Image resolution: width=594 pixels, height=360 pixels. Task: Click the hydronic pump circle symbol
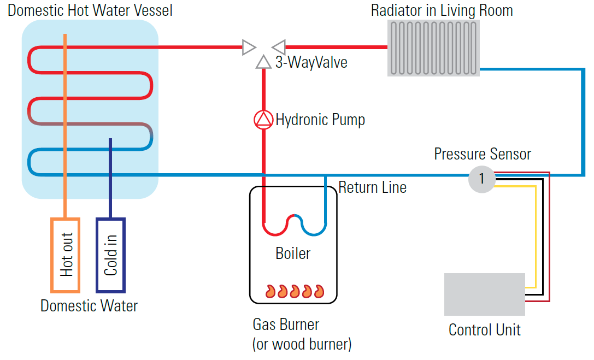(263, 120)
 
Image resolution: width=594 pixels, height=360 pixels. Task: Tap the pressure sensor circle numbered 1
(481, 178)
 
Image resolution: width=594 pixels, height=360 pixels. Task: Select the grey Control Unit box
(484, 294)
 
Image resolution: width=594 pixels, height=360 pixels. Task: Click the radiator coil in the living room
(434, 48)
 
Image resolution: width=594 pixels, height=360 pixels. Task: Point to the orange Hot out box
(66, 255)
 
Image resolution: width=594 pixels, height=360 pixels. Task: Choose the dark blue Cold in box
(111, 255)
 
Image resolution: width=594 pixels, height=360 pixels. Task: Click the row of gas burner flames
(295, 291)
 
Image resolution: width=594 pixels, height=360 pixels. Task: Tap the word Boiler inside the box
(293, 253)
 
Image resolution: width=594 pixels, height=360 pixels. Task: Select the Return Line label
(372, 187)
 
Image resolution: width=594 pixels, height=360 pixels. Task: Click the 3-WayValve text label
(311, 62)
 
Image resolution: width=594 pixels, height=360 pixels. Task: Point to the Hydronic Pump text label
(320, 120)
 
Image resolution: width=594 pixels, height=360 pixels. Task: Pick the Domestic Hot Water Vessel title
(90, 10)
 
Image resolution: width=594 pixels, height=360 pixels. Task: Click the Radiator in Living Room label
(442, 10)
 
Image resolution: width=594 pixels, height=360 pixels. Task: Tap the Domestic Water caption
(89, 305)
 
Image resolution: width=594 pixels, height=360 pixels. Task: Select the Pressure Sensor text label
(483, 154)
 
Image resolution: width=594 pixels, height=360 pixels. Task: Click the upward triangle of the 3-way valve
(263, 62)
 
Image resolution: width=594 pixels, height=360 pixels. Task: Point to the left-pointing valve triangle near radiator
(279, 47)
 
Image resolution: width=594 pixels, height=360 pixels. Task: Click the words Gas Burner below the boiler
(286, 324)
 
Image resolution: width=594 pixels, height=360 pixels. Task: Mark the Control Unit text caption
(484, 330)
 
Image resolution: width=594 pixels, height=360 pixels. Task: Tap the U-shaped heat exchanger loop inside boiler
(294, 225)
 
